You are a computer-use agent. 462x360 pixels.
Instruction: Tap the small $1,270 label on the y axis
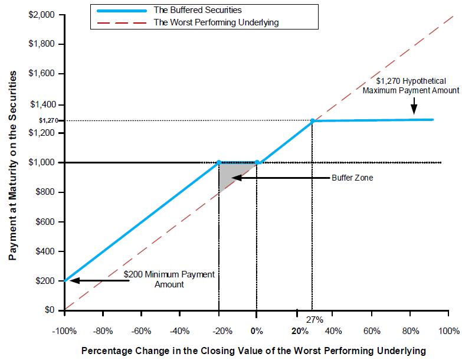(x=47, y=120)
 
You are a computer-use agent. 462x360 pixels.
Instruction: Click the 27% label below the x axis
(x=314, y=320)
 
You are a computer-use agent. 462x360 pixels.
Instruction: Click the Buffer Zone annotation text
(x=352, y=177)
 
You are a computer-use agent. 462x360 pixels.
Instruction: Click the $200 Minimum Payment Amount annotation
(x=170, y=279)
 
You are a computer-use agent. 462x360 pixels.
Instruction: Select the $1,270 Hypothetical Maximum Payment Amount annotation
(x=411, y=86)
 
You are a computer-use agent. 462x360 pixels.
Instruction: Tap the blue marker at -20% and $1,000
(x=219, y=162)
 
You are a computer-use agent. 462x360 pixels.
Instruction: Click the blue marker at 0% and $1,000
(x=257, y=162)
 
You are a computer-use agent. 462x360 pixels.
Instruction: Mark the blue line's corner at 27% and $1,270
(x=312, y=121)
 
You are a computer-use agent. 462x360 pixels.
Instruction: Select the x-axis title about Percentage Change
(x=254, y=351)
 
